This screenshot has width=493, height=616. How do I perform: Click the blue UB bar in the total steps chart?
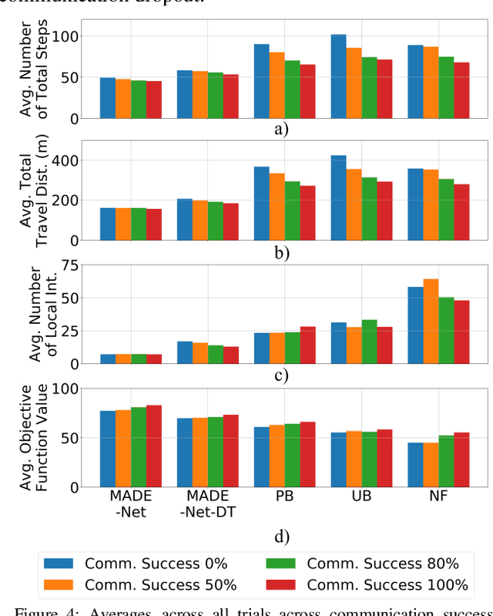click(339, 76)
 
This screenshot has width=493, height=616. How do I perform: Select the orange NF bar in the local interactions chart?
click(431, 321)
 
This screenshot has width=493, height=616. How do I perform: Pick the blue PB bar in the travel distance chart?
click(262, 204)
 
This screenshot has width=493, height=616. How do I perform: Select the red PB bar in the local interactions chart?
click(307, 345)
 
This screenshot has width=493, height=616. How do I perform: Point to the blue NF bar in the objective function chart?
click(415, 465)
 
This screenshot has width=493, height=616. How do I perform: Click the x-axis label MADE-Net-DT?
click(207, 503)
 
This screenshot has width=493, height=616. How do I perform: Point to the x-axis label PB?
click(284, 496)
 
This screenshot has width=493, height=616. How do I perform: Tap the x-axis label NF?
click(438, 496)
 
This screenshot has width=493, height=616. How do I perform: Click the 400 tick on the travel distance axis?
click(65, 160)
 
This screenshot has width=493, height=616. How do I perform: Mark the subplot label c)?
click(281, 376)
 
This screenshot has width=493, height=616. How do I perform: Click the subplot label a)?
click(281, 130)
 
